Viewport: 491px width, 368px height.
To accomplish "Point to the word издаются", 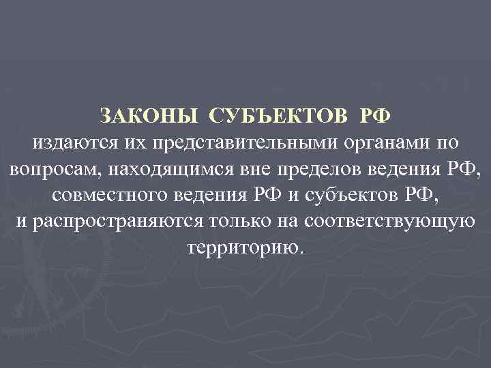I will pyautogui.click(x=74, y=143).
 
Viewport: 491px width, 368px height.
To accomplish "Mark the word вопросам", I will pyautogui.click(x=50, y=169).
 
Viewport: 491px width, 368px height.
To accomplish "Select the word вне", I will pyautogui.click(x=258, y=169).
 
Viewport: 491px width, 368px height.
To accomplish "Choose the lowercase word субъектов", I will pyautogui.click(x=362, y=195).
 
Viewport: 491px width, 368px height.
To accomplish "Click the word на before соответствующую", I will pyautogui.click(x=294, y=221).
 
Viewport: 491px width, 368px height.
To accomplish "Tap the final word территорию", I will pyautogui.click(x=245, y=247).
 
